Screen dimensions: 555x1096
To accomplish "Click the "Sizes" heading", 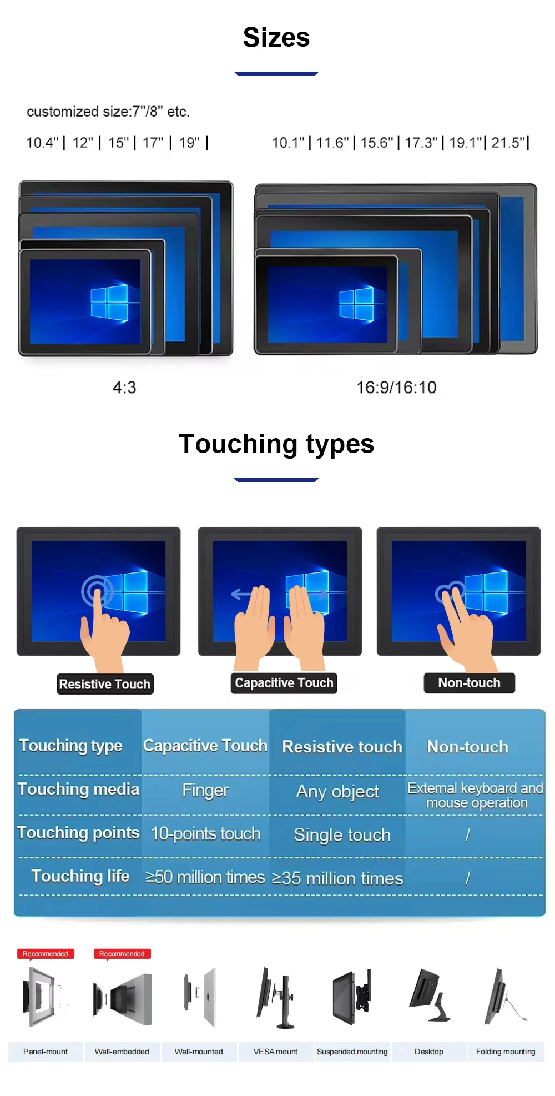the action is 276,38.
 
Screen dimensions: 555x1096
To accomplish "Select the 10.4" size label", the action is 42,143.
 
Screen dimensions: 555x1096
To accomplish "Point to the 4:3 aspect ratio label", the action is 124,387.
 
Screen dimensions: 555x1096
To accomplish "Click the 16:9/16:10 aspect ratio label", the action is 396,387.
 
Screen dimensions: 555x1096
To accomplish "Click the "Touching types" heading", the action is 276,444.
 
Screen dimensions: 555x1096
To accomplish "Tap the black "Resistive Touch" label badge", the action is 105,684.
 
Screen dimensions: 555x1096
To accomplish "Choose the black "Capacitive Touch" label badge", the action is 284,683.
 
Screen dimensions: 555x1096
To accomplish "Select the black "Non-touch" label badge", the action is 470,683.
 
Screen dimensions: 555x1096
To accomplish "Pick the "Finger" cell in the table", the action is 205,790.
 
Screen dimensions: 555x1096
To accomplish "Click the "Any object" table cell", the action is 337,791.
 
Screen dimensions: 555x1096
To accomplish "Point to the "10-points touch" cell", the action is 205,833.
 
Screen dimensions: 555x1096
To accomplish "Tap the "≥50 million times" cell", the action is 205,877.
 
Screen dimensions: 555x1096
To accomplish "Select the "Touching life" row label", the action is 80,876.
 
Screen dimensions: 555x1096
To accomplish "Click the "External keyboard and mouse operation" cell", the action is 476,795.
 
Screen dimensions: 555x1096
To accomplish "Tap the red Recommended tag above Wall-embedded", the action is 122,954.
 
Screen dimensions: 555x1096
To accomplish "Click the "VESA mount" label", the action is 275,1052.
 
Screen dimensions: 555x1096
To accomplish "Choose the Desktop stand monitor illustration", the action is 430,996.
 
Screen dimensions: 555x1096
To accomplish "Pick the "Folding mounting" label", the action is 506,1052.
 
